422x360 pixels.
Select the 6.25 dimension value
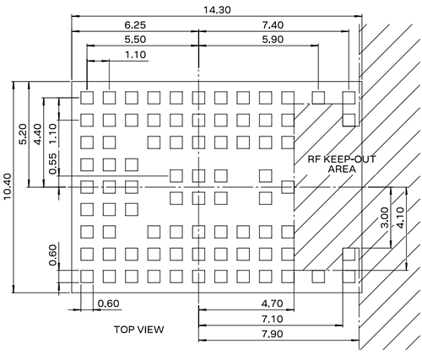134,27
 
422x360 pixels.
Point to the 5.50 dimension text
134,40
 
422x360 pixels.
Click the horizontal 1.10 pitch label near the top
134,55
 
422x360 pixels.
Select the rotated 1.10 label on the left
52,132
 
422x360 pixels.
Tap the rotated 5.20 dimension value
23,132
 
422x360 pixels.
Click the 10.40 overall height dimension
8,200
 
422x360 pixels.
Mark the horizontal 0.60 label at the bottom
108,304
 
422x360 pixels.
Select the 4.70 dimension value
272,304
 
